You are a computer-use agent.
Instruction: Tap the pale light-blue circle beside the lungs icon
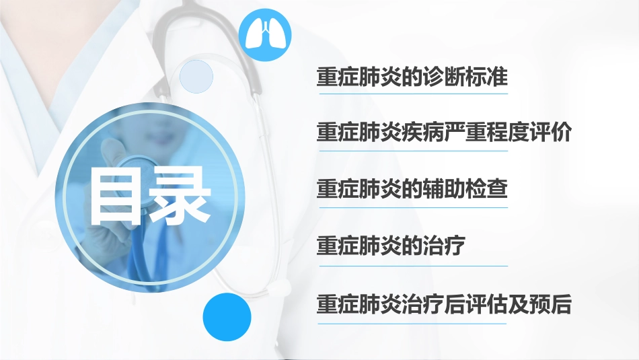pos(196,75)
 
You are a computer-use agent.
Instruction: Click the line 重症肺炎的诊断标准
pos(412,77)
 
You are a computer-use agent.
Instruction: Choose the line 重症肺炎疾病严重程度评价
pos(444,133)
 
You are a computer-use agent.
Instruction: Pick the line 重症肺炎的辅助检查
pos(412,188)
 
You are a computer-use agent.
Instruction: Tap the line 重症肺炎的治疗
pos(391,246)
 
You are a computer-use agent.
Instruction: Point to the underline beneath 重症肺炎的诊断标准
pos(412,94)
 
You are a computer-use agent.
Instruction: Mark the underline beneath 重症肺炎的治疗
pos(412,266)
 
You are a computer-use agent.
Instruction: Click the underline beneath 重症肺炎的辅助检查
pos(412,207)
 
